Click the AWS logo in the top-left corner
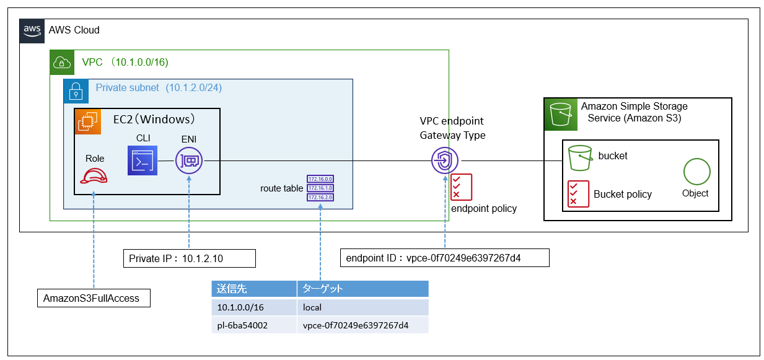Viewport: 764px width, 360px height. pos(31,30)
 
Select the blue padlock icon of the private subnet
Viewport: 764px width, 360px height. pos(76,90)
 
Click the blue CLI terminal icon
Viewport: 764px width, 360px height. pos(141,161)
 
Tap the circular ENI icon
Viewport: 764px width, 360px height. pos(189,161)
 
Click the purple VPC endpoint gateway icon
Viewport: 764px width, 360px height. pos(445,161)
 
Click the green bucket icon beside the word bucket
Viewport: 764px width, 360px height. pos(579,158)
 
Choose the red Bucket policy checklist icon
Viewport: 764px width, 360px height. pos(575,193)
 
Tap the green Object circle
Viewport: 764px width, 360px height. pos(696,172)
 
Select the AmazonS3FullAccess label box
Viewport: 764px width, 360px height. pos(94,298)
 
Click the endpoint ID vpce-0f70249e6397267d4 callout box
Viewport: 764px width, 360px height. pos(445,258)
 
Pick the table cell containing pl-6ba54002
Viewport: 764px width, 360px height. pos(253,325)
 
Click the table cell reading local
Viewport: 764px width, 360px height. pos(362,307)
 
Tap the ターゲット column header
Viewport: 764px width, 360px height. pos(362,289)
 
